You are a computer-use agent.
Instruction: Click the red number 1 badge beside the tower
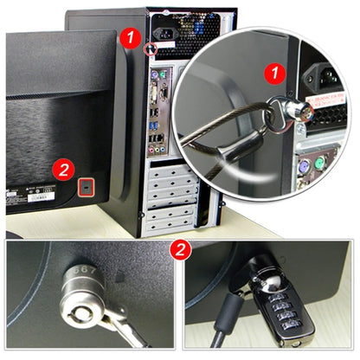(129, 37)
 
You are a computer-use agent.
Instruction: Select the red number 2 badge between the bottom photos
(179, 251)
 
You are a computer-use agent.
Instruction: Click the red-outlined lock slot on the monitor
(86, 185)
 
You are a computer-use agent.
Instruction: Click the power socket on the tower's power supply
(168, 38)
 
